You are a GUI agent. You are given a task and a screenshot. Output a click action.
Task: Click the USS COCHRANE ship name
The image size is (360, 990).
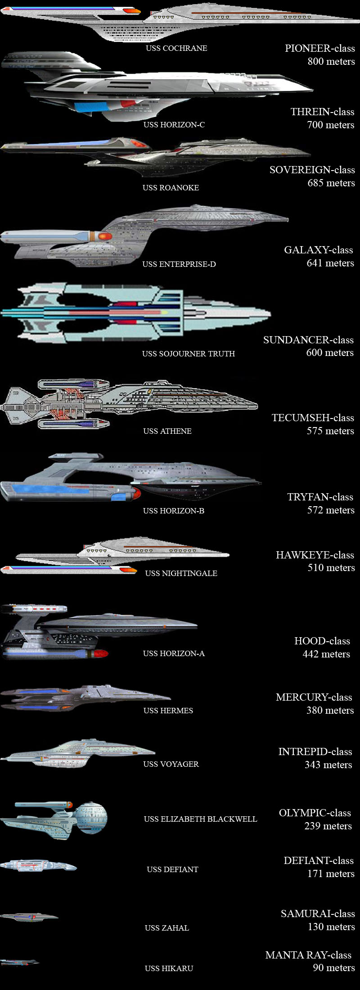click(x=176, y=48)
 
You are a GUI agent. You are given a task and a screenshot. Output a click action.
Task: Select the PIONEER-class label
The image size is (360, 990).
click(x=319, y=48)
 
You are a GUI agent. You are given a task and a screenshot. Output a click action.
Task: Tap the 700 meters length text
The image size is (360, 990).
click(x=330, y=125)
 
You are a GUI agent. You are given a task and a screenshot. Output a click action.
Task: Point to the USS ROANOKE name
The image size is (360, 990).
click(x=171, y=188)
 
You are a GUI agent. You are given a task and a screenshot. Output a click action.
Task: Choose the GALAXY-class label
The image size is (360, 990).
click(x=318, y=250)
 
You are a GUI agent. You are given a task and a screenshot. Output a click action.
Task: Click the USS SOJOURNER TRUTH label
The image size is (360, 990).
click(x=188, y=354)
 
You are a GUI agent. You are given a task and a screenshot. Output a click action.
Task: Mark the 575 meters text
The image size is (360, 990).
click(x=330, y=431)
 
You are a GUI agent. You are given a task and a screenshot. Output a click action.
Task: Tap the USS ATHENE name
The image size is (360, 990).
click(x=167, y=431)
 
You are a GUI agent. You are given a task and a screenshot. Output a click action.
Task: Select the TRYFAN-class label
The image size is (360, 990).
click(x=320, y=497)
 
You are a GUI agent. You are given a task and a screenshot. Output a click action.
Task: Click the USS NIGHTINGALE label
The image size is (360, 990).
click(x=181, y=573)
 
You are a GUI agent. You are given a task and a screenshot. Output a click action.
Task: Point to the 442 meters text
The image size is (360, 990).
click(x=326, y=654)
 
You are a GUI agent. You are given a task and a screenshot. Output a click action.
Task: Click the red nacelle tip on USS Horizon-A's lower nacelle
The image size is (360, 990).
click(x=102, y=653)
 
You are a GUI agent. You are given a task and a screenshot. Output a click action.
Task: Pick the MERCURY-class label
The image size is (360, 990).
click(x=314, y=697)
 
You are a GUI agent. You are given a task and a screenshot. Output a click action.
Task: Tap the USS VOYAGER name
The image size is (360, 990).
click(x=171, y=764)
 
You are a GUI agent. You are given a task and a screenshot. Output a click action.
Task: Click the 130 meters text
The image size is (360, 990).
click(x=331, y=927)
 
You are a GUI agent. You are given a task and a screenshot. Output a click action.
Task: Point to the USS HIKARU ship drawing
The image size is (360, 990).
click(x=19, y=963)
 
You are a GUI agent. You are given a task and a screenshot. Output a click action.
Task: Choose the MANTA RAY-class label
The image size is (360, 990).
click(x=308, y=955)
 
